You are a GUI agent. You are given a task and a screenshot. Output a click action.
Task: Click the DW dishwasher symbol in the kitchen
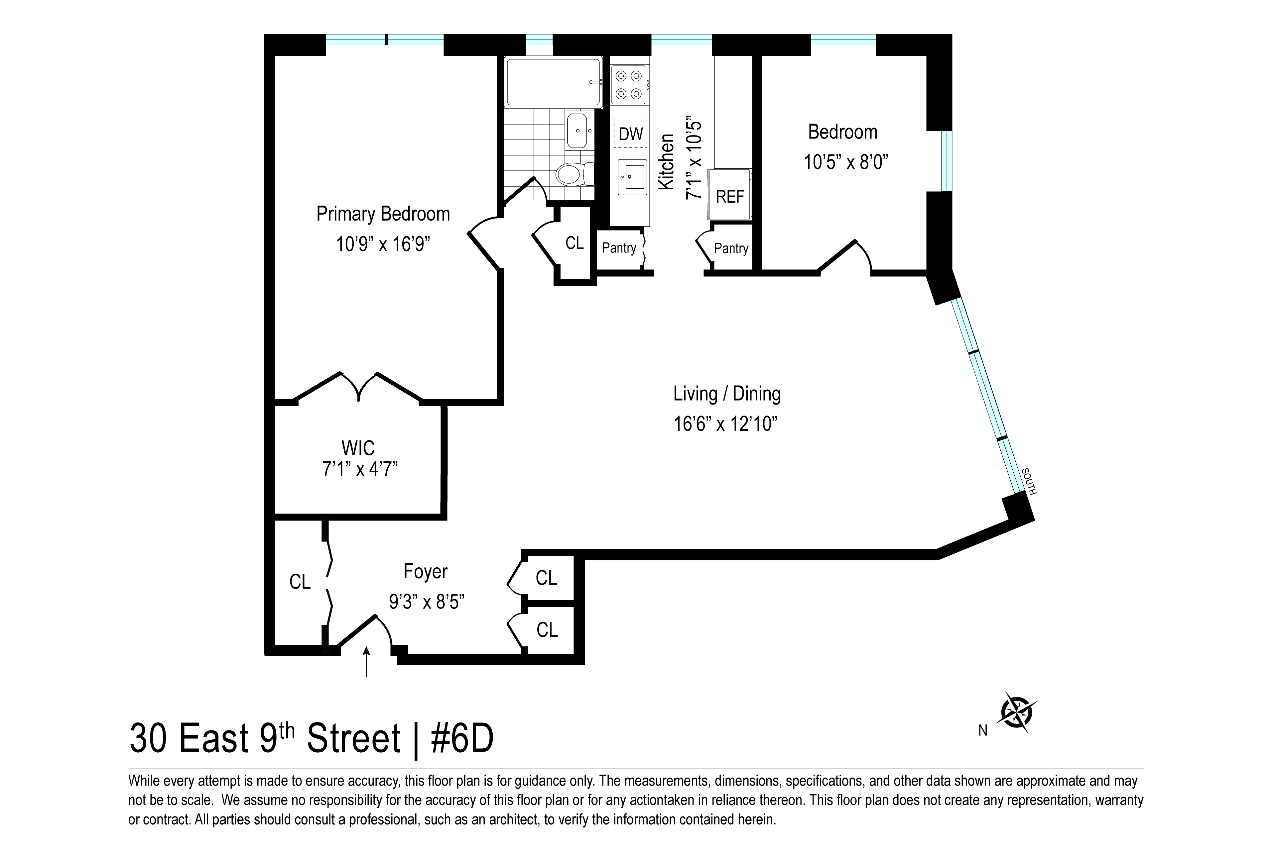630,134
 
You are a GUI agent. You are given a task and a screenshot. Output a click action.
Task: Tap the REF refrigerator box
730,196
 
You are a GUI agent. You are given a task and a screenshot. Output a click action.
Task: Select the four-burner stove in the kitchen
630,85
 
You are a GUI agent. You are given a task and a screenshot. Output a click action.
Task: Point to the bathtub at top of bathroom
553,82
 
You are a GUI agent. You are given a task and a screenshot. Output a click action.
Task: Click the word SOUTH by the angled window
1028,481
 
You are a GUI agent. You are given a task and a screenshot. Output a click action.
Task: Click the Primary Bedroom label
383,214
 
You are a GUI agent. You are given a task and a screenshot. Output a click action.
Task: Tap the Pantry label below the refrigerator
731,248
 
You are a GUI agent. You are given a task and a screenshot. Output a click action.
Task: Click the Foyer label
426,572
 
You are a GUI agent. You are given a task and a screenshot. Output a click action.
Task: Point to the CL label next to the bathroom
574,243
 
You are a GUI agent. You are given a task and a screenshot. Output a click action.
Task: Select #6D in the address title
462,739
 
